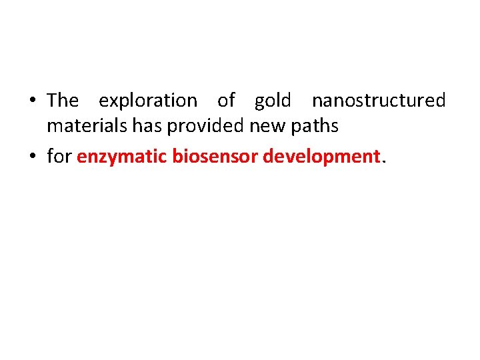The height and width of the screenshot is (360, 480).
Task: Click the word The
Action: click(63, 101)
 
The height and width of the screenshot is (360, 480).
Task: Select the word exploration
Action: click(148, 101)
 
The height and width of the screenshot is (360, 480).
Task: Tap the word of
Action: click(226, 101)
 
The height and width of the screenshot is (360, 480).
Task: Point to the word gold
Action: click(273, 101)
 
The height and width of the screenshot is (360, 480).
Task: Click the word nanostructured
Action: click(379, 101)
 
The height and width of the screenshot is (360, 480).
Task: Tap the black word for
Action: click(59, 157)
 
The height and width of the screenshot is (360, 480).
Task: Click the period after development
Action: click(383, 162)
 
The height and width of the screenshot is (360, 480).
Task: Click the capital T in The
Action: click(53, 101)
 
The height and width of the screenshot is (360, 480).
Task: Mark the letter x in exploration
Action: click(111, 102)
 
